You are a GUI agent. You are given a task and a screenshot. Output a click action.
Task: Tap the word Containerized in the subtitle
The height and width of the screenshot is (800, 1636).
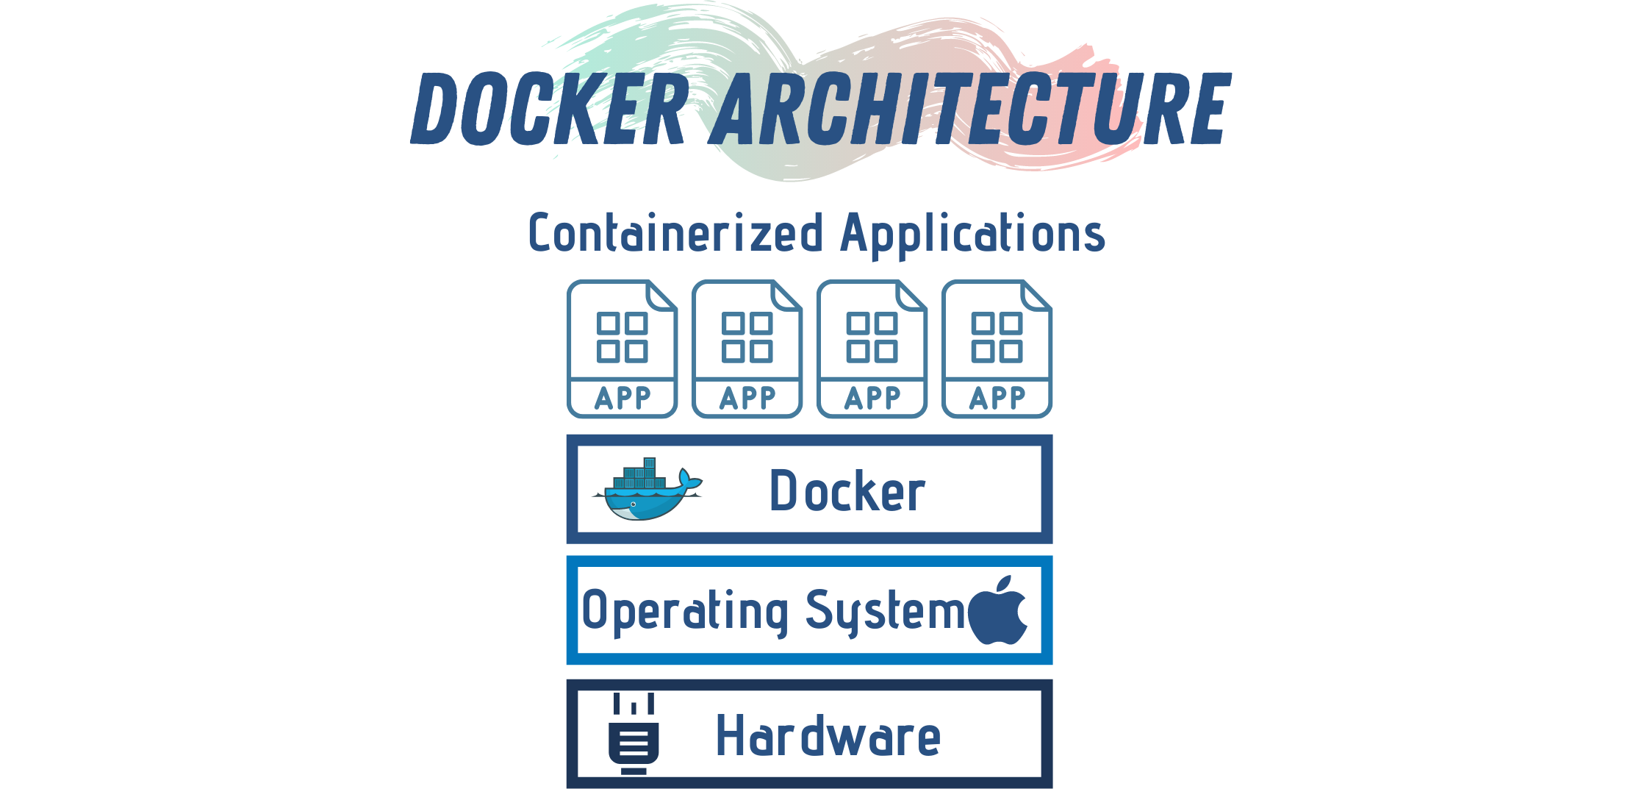tap(675, 234)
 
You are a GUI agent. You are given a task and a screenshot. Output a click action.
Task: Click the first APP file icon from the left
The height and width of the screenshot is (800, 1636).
tap(622, 349)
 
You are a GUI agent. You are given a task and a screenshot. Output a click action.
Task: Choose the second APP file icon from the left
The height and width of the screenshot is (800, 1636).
tap(747, 349)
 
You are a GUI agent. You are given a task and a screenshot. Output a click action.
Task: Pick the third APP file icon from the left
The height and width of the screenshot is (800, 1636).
tap(872, 349)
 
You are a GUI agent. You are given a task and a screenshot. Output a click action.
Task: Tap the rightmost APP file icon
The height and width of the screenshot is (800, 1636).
tap(997, 349)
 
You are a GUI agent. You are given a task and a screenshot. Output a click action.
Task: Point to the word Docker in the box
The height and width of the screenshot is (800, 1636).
tap(847, 491)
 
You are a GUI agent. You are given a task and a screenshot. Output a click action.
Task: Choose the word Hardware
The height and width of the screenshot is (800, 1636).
tap(828, 735)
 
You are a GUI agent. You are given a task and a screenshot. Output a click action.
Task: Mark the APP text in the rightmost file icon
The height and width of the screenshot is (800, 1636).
tap(997, 399)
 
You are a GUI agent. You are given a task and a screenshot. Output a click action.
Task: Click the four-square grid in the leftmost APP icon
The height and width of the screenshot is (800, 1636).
tap(622, 337)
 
